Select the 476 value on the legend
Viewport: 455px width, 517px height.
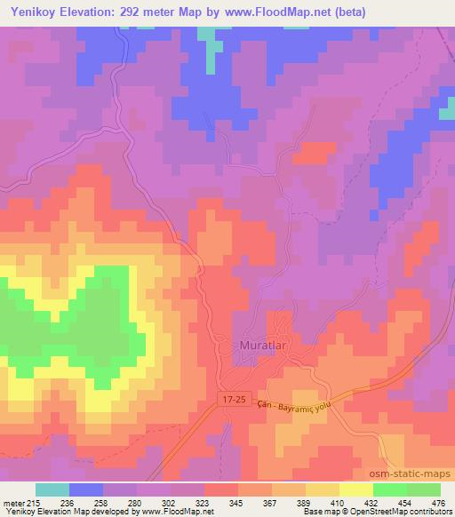[438, 503]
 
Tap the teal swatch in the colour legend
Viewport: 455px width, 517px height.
[52, 489]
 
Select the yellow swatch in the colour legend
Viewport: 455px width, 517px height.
[355, 489]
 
